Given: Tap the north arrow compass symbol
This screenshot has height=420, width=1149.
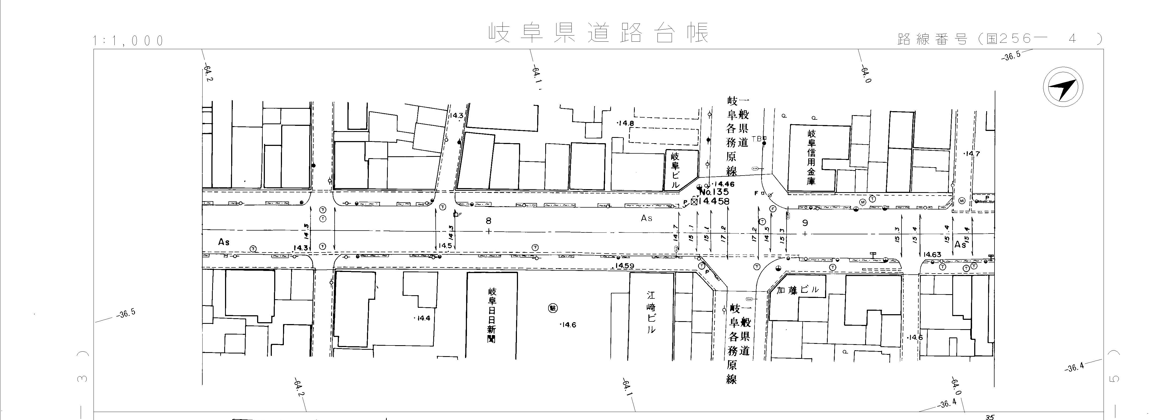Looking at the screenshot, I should click(1063, 87).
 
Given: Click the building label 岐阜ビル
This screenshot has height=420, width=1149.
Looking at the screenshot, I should click(675, 170).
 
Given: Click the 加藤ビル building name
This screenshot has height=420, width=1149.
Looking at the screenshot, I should click(798, 290).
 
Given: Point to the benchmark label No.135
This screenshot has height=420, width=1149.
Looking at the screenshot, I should click(714, 192).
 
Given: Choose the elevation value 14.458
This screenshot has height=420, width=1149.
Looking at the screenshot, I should click(714, 201).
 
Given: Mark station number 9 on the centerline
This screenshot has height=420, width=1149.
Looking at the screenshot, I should click(805, 223).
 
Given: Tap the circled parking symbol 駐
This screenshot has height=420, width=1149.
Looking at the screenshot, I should click(553, 308).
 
